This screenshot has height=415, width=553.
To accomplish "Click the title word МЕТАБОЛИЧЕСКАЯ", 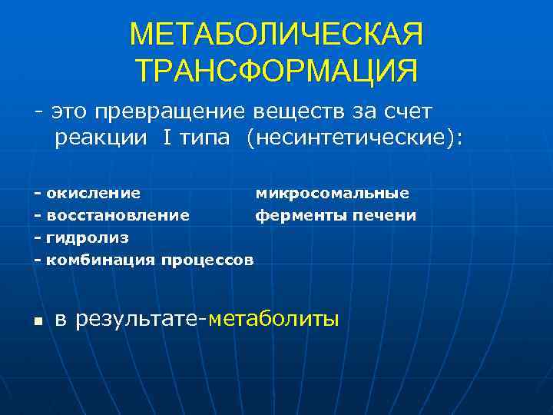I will (276, 35).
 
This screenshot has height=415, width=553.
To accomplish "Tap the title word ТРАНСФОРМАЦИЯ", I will (276, 70).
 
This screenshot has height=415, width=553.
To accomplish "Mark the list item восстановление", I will (118, 216).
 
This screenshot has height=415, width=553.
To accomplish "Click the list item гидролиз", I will (88, 238).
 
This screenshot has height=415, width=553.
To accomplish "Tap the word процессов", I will (207, 261).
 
